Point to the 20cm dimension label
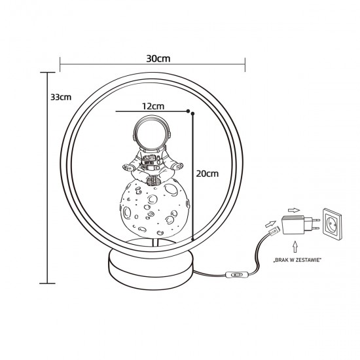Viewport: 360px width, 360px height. click(x=207, y=173)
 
